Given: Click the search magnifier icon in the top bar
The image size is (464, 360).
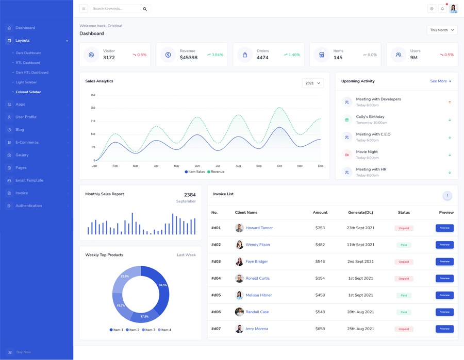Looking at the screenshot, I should [145, 9].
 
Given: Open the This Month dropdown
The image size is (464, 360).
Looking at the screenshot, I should [442, 30].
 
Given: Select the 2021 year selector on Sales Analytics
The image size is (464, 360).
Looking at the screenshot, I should [312, 83].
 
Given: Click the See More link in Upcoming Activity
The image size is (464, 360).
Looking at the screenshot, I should [440, 81].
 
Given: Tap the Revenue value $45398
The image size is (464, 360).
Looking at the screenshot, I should [189, 58].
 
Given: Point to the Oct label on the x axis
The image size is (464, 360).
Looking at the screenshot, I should [279, 166].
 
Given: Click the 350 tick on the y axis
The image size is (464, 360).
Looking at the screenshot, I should [93, 95].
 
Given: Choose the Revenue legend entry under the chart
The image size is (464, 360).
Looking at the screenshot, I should [216, 172].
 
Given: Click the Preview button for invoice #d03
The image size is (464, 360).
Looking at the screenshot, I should [444, 262].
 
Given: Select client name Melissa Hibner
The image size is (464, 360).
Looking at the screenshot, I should [259, 295].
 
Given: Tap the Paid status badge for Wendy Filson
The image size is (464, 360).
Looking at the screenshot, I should [404, 245].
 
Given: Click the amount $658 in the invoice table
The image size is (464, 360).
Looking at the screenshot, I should [320, 329].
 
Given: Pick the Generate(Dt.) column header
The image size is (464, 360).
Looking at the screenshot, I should [360, 212].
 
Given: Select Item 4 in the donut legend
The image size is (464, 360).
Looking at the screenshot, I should [165, 330].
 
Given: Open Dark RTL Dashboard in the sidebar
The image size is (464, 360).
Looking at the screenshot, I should [32, 73].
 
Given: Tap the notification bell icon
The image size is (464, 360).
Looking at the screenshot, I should [442, 9].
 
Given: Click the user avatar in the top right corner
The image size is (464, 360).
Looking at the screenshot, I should [454, 9].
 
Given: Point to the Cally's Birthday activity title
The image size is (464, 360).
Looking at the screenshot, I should [370, 116].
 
